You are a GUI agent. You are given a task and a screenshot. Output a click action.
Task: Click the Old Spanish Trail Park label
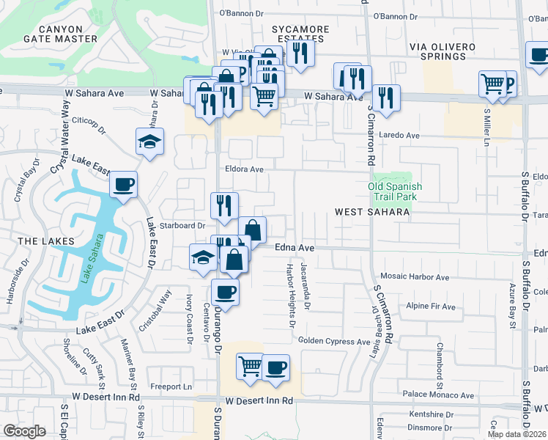pos(395,191)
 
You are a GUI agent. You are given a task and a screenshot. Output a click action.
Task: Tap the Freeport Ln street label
pos(171,386)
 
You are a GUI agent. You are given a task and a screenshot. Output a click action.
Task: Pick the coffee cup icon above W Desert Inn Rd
pos(275,367)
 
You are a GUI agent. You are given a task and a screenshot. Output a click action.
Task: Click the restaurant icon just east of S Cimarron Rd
pos(385,98)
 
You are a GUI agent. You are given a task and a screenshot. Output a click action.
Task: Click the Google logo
pos(25,431)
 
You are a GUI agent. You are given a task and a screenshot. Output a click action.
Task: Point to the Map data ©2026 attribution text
pos(517,434)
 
